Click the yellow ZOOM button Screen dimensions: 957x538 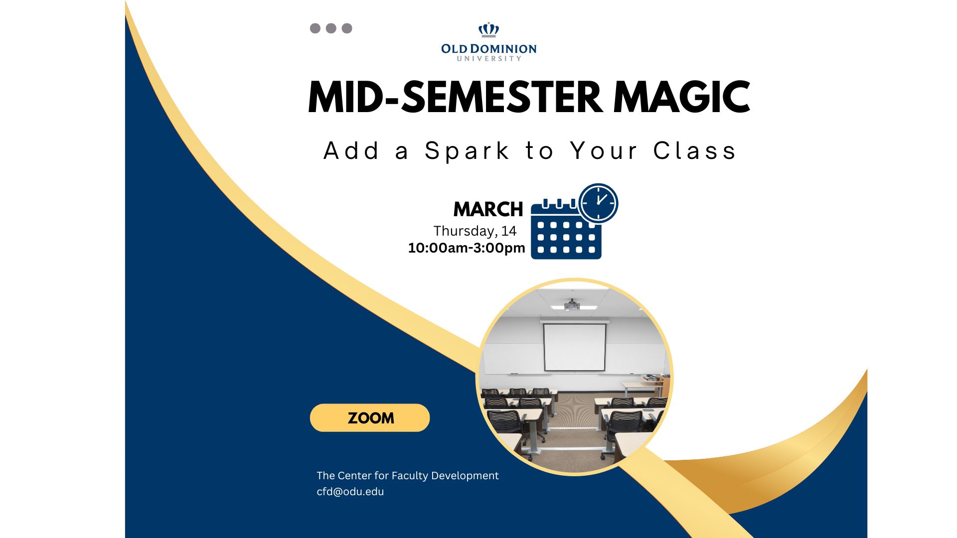pos(370,417)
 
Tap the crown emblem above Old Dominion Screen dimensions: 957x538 pos(488,30)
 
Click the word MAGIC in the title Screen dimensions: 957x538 pos(681,97)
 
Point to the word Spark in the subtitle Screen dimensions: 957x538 pos(467,151)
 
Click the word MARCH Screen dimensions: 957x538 pos(488,209)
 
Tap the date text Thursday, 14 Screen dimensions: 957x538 pos(475,231)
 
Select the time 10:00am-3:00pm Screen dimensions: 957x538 pos(467,248)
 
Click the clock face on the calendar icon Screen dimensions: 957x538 pos(599,203)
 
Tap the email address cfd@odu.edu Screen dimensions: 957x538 pos(350,492)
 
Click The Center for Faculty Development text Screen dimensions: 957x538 pos(408,476)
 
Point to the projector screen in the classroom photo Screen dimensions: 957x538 pos(575,347)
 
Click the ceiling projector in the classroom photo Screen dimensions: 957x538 pos(572,304)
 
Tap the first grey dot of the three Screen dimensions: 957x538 pos(315,28)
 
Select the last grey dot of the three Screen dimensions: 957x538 pos(347,28)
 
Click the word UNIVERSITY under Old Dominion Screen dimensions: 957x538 pos(489,59)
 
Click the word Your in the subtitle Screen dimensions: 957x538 pos(604,151)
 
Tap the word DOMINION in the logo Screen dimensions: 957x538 pos(503,49)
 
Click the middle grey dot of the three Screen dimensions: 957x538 pos(331,28)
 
